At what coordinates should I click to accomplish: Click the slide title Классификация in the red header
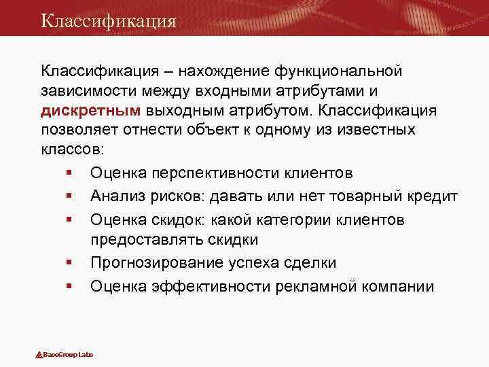pyautogui.click(x=108, y=20)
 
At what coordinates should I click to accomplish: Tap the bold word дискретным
pyautogui.click(x=90, y=110)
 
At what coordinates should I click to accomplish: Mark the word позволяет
pyautogui.click(x=80, y=129)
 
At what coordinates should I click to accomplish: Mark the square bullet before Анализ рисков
pyautogui.click(x=70, y=197)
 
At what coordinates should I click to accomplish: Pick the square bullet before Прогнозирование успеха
pyautogui.click(x=70, y=263)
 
